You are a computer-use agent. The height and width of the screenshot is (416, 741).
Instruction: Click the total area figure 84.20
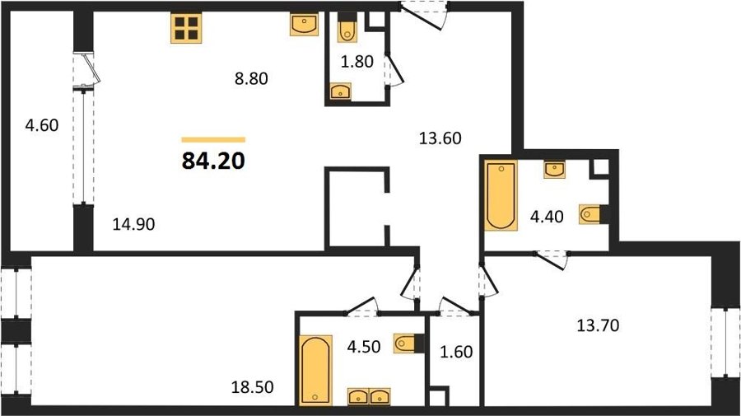pos(213,161)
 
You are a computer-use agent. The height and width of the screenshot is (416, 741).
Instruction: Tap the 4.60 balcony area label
pos(42,125)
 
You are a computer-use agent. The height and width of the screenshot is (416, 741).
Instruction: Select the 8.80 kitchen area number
pos(251,78)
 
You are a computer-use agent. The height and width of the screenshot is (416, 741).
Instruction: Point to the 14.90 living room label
pos(133,224)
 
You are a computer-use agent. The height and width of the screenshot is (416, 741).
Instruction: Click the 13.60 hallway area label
pos(440,138)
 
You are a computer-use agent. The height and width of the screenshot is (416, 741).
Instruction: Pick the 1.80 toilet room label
pos(357,62)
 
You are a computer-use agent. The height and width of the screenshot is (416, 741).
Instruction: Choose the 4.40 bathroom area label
pos(547,217)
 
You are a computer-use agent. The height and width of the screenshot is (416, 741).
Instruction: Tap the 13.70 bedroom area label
pos(598,325)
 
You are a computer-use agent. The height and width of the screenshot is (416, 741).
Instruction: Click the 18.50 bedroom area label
pos(253,388)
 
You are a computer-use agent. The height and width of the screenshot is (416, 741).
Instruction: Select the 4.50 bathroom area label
pos(363,347)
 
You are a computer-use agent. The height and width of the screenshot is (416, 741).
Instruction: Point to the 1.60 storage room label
pos(456,353)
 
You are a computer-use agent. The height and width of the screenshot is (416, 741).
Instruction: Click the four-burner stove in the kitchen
pos(186,28)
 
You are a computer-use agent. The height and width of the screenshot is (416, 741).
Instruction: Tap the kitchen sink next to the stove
pos(304,25)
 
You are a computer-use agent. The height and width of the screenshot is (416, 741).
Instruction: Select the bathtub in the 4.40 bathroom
pos(501,195)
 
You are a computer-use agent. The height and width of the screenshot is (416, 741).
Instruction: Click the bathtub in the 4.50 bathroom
pos(315,369)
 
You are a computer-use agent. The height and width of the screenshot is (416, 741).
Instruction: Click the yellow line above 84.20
pos(213,140)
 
